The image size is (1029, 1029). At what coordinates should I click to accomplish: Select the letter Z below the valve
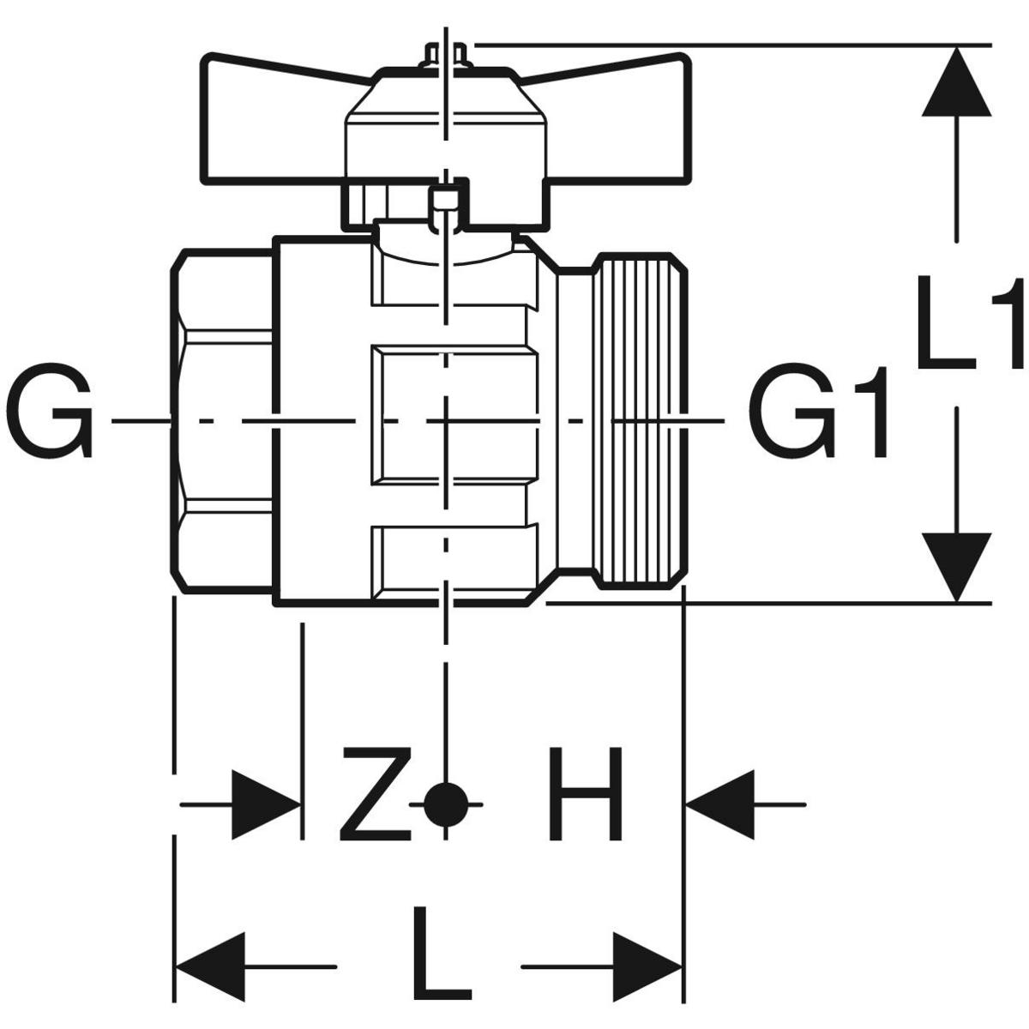(x=375, y=793)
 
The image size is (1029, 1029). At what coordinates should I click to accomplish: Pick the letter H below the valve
(x=585, y=793)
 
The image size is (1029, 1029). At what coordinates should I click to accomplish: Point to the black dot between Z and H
(x=445, y=803)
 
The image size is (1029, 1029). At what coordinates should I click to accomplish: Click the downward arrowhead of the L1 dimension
(x=957, y=566)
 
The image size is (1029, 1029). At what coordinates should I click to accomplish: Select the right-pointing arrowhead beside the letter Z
(x=266, y=804)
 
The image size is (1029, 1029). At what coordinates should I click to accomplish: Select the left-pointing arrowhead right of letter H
(x=720, y=804)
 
